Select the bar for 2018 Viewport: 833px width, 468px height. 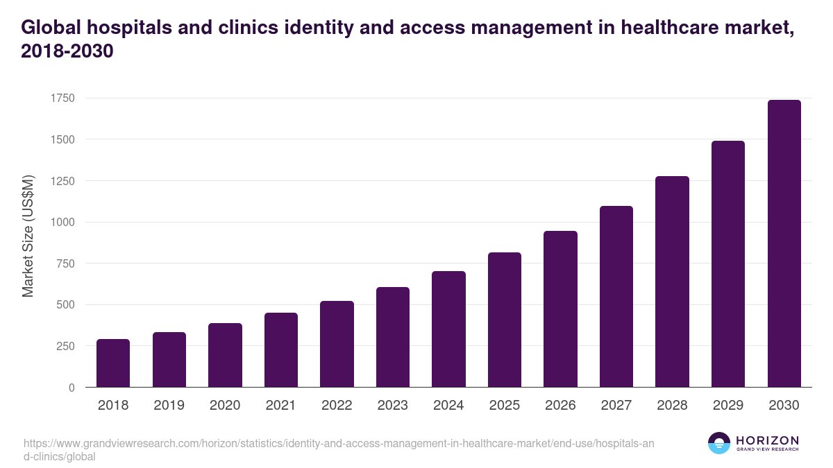coord(113,363)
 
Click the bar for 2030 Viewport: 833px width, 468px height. coord(784,243)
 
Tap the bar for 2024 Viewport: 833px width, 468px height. coord(448,329)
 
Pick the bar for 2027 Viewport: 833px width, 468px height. coord(616,297)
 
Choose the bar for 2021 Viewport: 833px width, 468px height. coord(281,350)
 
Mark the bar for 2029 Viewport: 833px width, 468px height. coord(728,264)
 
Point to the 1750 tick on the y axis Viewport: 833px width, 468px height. coord(62,98)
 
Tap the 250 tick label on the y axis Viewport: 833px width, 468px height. coord(65,346)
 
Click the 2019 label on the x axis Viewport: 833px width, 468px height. coord(169,406)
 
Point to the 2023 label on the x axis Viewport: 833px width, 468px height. coord(393,406)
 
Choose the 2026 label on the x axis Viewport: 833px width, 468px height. coord(560,406)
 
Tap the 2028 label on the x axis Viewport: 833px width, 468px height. coord(672,406)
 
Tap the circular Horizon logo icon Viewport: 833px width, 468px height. coord(719,443)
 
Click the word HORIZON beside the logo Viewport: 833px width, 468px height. coord(767,440)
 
